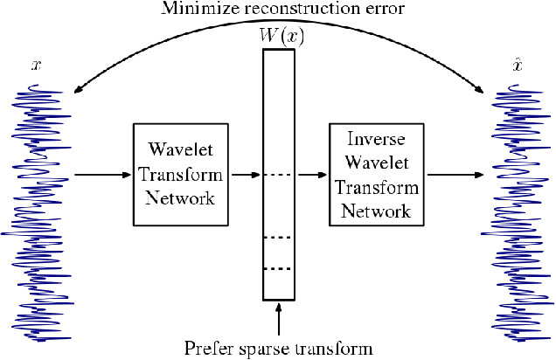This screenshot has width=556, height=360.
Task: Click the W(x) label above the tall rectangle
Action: (x=279, y=36)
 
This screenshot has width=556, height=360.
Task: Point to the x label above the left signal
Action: (x=36, y=66)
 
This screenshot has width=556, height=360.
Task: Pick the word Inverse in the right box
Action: (x=375, y=139)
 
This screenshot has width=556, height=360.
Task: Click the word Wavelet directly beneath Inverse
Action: (x=375, y=157)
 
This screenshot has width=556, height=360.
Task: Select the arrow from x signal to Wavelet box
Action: (x=101, y=176)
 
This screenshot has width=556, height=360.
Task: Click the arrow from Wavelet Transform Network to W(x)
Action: (x=244, y=176)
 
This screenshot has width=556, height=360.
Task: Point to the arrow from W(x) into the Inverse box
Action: (x=311, y=176)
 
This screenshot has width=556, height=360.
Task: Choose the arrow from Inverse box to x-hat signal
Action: (x=454, y=176)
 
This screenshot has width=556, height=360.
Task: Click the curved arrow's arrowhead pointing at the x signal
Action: (x=78, y=89)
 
